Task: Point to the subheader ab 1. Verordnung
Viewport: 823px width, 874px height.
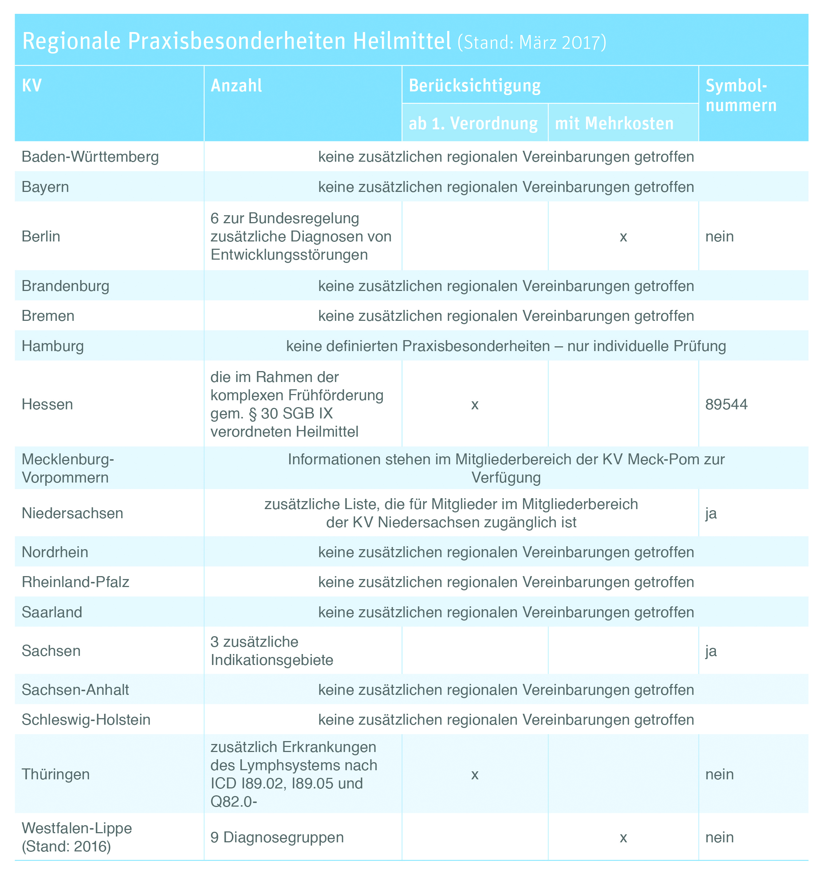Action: [x=473, y=123]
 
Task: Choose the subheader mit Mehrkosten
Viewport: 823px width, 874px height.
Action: [x=614, y=123]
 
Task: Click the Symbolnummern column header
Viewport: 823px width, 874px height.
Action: [x=741, y=95]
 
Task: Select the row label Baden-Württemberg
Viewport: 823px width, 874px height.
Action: [x=90, y=157]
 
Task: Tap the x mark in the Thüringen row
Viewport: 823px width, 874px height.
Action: [x=475, y=774]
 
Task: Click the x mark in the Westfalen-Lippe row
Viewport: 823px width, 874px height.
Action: [x=623, y=838]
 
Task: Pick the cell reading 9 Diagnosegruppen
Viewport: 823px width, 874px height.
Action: [x=277, y=837]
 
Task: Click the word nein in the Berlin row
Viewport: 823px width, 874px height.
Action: [x=719, y=236]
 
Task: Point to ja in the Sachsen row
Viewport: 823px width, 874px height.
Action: [x=711, y=651]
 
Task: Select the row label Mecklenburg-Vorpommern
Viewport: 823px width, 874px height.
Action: [x=67, y=468]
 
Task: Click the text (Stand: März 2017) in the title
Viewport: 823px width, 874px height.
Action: [x=532, y=42]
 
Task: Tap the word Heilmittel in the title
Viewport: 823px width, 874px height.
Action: [x=402, y=41]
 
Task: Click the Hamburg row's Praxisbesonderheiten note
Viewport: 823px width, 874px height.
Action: [x=505, y=346]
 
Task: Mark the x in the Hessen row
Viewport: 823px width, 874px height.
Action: [x=475, y=405]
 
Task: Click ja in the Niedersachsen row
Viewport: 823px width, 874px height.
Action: [x=711, y=513]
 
